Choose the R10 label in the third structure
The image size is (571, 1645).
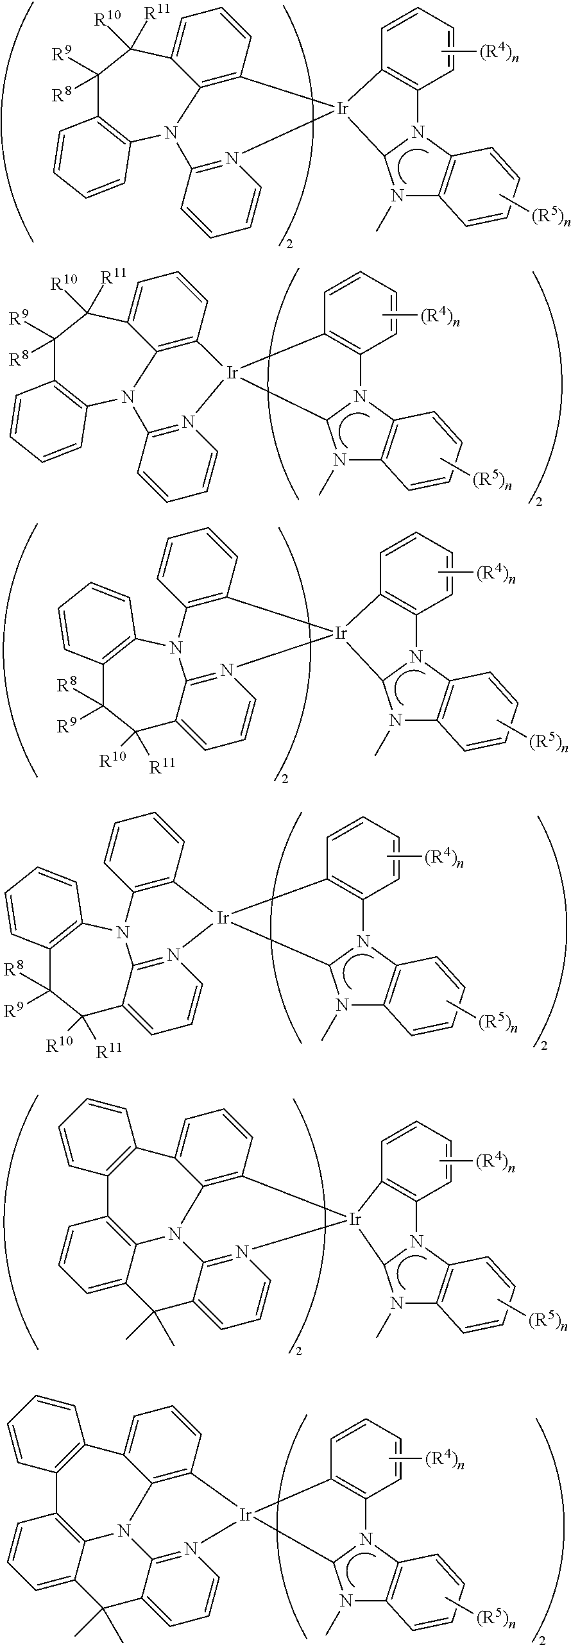click(x=112, y=761)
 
